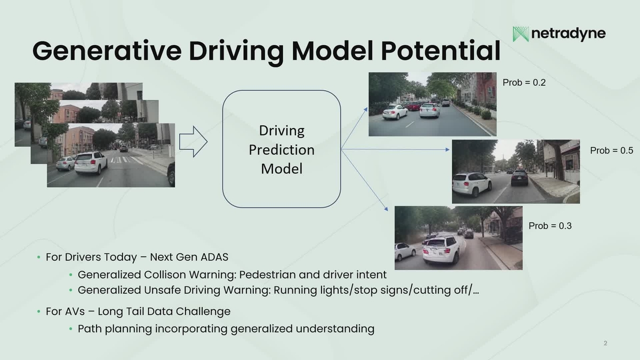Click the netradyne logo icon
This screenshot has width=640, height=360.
[x=521, y=34]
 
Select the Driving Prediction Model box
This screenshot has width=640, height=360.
[x=282, y=149]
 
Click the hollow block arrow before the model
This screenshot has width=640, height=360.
[x=193, y=142]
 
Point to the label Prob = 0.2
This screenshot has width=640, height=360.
[x=524, y=83]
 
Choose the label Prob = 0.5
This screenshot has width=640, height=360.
[x=612, y=151]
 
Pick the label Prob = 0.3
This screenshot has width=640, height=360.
[x=550, y=226]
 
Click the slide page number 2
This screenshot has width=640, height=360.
[x=605, y=343]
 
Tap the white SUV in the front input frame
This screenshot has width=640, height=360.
[x=91, y=162]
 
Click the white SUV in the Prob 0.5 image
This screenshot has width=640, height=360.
[x=471, y=183]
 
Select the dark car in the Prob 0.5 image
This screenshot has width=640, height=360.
[x=519, y=178]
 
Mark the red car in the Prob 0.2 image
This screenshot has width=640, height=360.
[x=413, y=106]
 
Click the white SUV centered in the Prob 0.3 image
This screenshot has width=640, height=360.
[x=441, y=250]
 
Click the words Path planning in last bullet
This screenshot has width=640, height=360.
[x=115, y=329]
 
